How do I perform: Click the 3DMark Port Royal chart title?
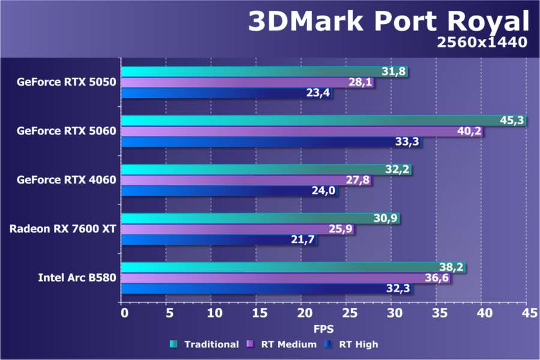coord(389,22)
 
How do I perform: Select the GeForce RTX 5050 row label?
coord(66,82)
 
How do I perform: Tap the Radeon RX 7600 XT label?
coord(62,229)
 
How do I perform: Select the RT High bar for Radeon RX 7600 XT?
coord(220,240)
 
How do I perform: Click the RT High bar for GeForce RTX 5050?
coord(227,93)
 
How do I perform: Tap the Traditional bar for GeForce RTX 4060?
coord(266,170)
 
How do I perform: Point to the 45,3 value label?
coord(512,121)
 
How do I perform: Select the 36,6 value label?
coord(438,278)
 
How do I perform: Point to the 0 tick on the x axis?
coord(124,313)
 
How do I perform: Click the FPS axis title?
coord(323,329)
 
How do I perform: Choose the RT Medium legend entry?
coord(282,344)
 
